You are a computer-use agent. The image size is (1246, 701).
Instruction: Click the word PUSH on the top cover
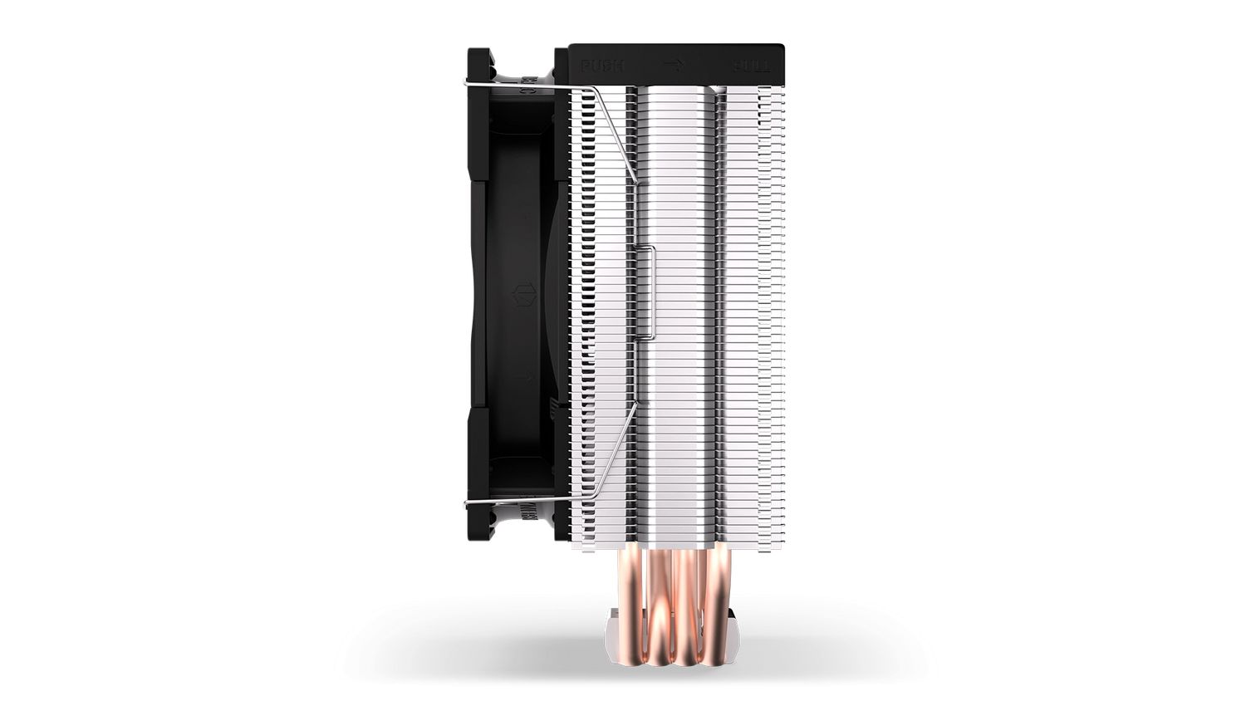tap(602, 65)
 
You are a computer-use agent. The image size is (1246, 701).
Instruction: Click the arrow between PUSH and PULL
tap(674, 64)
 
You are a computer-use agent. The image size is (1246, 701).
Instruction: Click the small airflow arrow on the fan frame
tap(523, 378)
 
